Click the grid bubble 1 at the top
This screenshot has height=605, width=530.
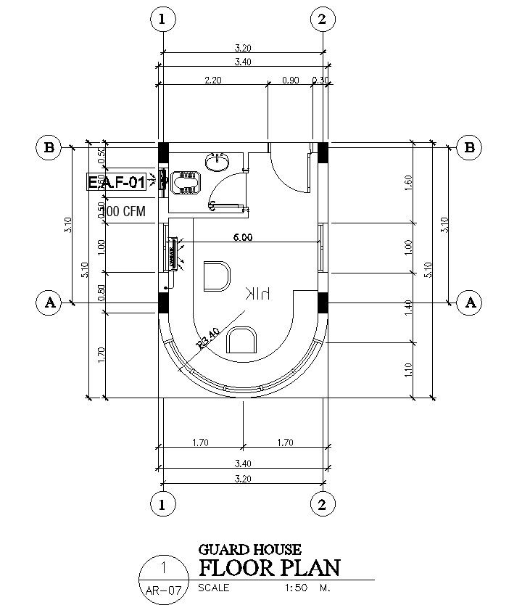(x=162, y=19)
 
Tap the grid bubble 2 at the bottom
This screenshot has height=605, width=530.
(x=323, y=503)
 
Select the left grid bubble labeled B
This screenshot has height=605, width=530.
(x=49, y=148)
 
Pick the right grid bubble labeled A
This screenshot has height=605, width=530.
(x=471, y=302)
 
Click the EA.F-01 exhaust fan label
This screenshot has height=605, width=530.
(x=117, y=182)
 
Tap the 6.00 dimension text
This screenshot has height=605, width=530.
(x=242, y=236)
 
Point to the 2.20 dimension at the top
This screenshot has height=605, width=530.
(x=213, y=80)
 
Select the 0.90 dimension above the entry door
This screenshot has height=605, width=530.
(x=289, y=80)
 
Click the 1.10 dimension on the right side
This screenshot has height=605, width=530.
(x=407, y=369)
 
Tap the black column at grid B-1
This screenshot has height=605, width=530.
(x=163, y=153)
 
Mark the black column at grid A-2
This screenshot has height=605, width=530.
(x=323, y=302)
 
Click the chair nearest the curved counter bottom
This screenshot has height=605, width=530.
(x=241, y=340)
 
